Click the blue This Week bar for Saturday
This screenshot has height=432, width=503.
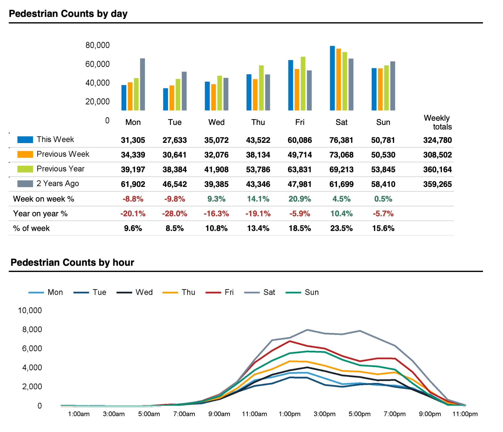point(332,78)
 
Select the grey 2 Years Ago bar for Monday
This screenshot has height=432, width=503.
point(142,84)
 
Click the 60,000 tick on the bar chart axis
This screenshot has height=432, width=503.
point(98,64)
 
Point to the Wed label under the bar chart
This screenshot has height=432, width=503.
point(216,122)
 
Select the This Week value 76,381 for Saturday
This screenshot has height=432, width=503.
point(341,140)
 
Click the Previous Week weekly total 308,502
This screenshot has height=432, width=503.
point(437,155)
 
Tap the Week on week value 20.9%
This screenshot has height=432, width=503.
point(300,199)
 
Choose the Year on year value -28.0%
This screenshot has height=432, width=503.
point(175,214)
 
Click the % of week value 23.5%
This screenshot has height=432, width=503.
point(341,228)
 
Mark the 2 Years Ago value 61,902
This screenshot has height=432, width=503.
point(133,184)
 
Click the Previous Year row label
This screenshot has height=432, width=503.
point(60,169)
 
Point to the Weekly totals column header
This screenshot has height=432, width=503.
point(437,122)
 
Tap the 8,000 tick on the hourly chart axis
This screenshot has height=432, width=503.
point(32,329)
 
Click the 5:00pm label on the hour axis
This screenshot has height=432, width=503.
point(359,414)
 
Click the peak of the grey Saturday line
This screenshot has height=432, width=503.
point(307,329)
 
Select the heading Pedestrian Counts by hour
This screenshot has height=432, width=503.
point(72,262)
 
